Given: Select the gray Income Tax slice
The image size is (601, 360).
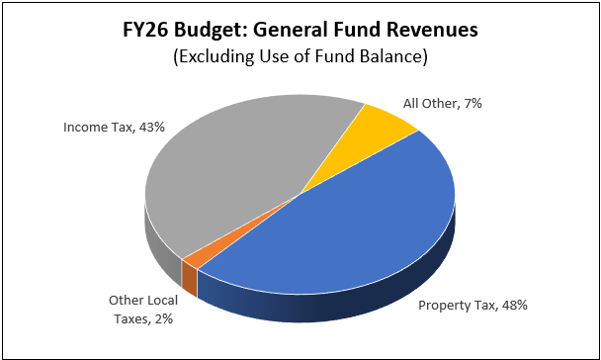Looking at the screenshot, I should [x=237, y=168].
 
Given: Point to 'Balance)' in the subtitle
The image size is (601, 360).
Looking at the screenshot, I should [x=397, y=58].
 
